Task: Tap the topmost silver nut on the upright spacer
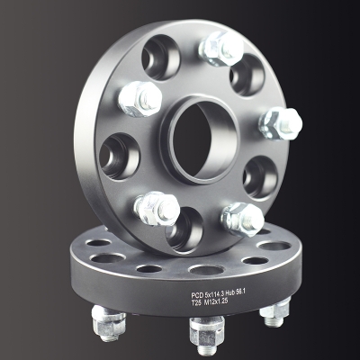(x=220, y=48)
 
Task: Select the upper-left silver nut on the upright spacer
(x=140, y=98)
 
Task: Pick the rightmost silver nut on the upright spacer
(x=281, y=123)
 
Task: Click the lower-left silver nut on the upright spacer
(x=156, y=208)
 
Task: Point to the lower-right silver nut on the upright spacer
(x=243, y=219)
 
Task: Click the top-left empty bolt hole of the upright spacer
(x=161, y=57)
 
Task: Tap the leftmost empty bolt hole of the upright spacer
(x=120, y=156)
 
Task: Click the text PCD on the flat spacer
(x=196, y=295)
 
